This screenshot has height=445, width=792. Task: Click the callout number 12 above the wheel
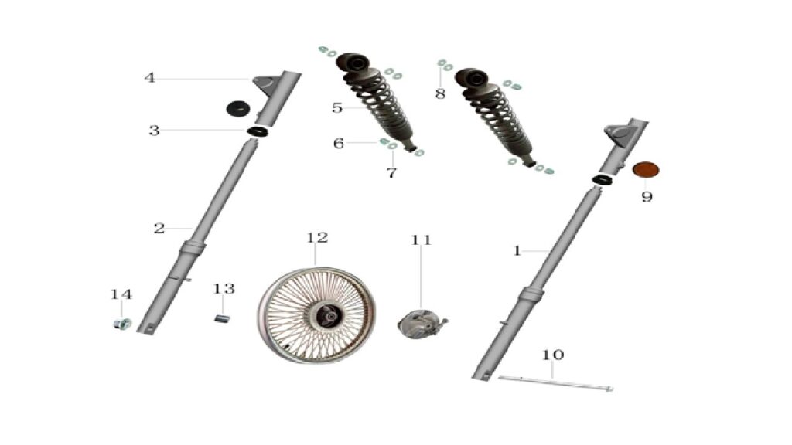[x=317, y=237]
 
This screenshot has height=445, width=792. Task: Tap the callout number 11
[x=422, y=240]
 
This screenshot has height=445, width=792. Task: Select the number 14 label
[x=121, y=294]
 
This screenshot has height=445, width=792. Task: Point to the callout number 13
[x=224, y=289]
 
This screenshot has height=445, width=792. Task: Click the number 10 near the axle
[x=552, y=355]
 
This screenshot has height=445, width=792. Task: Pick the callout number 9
[x=647, y=197]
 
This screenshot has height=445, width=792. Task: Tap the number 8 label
[x=440, y=93]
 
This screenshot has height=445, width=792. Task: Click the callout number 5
[x=337, y=108]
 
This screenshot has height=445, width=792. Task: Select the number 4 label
[x=149, y=78]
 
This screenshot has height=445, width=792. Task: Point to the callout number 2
[x=159, y=229]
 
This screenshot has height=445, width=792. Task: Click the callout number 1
[x=517, y=251]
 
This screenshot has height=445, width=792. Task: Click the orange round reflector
[x=646, y=169]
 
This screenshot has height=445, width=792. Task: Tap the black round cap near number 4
[x=238, y=109]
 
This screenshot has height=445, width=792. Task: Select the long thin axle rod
[x=555, y=383]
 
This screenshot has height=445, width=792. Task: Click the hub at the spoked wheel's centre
[x=328, y=316]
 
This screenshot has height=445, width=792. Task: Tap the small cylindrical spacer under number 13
[x=221, y=319]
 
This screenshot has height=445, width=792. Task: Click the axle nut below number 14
[x=122, y=324]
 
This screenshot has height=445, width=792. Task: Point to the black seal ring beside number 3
[x=258, y=131]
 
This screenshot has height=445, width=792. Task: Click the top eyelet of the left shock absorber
[x=353, y=63]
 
